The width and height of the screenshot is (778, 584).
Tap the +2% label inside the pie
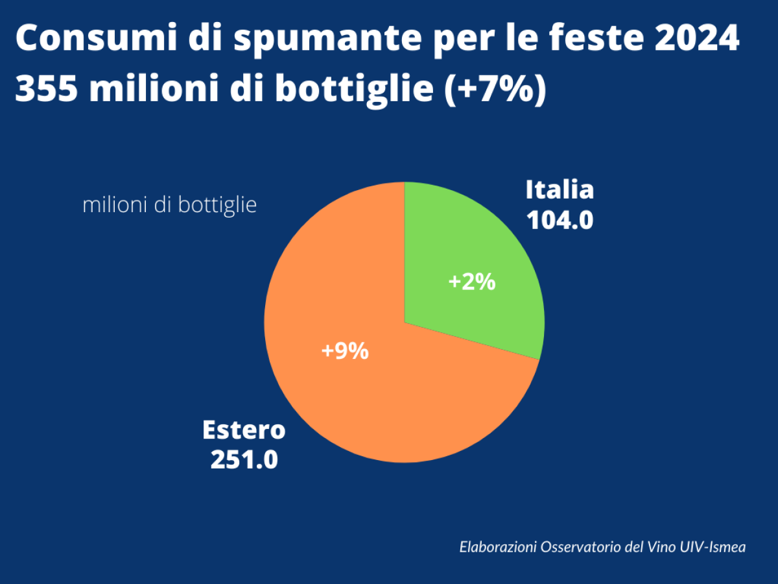[x=472, y=282]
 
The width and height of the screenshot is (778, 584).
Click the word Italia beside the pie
[x=560, y=190]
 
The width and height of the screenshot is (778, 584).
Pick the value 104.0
[x=560, y=221]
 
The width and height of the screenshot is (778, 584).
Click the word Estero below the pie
[x=244, y=430]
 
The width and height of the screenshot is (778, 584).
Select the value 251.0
[x=244, y=460]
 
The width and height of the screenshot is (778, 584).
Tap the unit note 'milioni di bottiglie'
[x=170, y=205]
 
